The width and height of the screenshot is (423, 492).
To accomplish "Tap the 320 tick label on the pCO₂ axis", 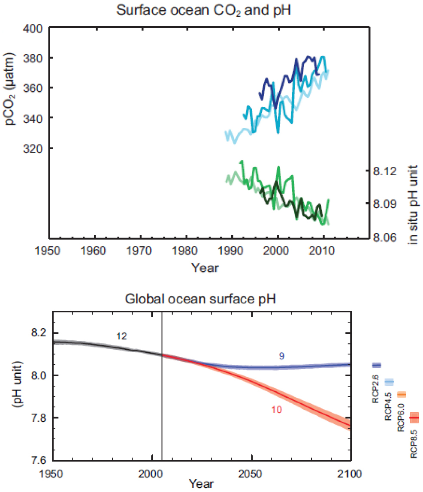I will point(34,148).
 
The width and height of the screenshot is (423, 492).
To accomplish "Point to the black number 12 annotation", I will point(122,336).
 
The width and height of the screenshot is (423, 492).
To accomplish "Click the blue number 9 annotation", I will point(281,356).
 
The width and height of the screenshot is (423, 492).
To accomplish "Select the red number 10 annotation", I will point(277,410).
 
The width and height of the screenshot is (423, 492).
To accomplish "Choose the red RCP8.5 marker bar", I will point(414,417).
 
